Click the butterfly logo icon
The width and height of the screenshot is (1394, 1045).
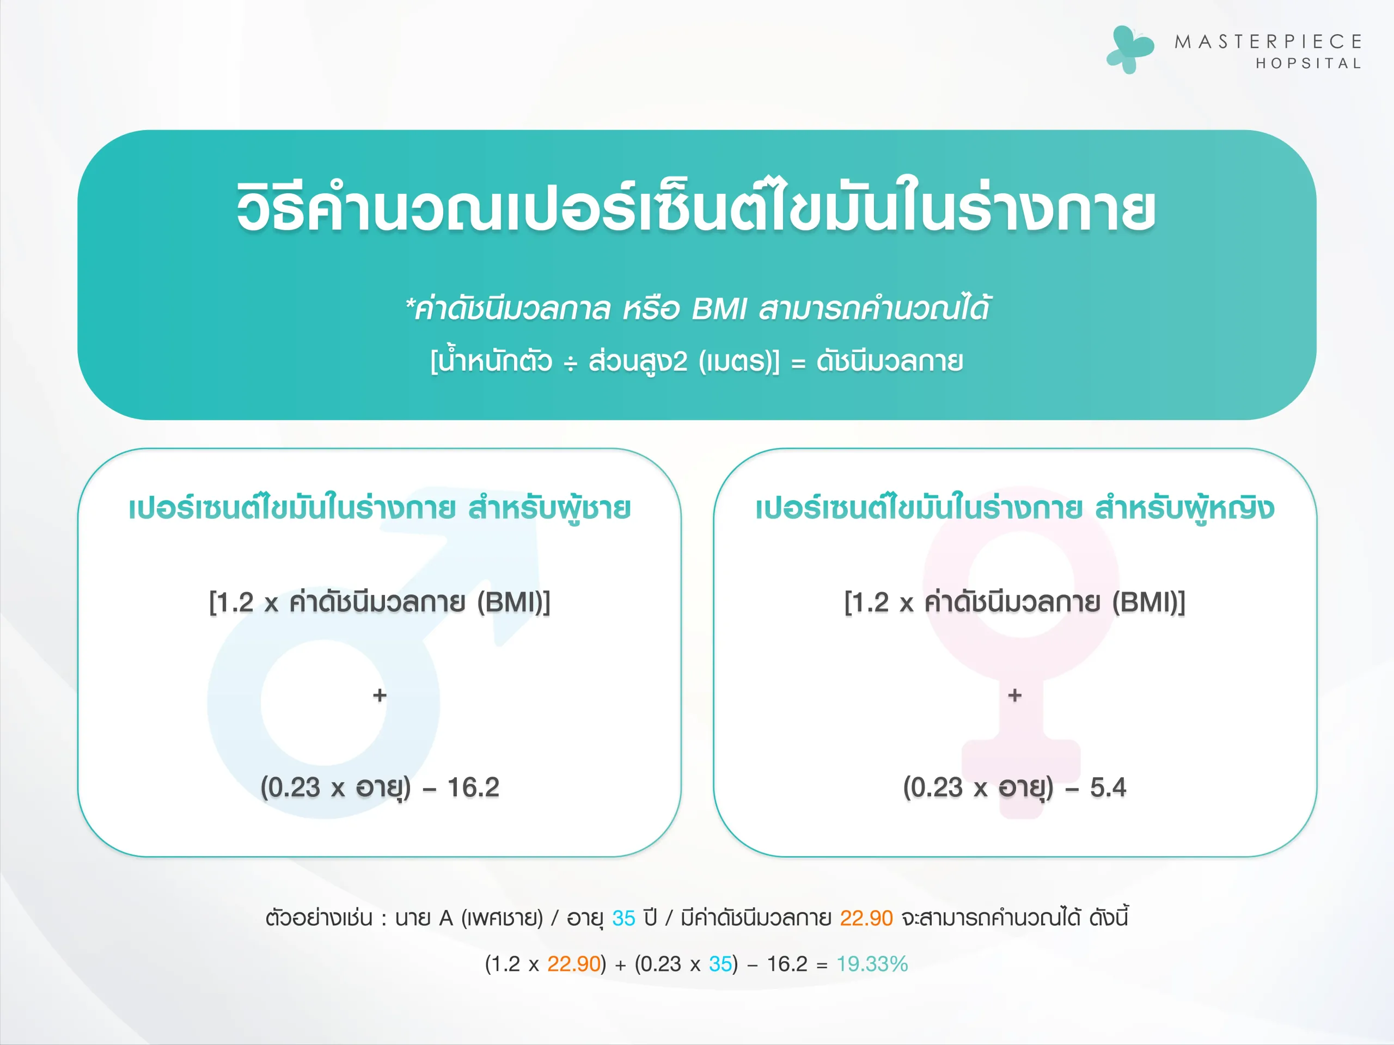pos(1130,49)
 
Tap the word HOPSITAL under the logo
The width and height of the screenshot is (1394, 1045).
pos(1309,64)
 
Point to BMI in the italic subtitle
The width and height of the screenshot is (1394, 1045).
pos(718,309)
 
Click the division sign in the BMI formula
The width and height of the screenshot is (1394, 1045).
pos(570,364)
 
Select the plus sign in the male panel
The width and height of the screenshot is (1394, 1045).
pos(380,696)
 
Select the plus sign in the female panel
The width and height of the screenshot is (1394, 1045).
pos(1014,696)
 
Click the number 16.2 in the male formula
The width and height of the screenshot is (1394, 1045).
pos(473,788)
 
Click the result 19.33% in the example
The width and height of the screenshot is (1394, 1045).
pos(872,964)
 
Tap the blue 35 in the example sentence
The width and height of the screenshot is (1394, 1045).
pos(623,918)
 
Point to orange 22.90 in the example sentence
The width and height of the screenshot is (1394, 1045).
pos(866,918)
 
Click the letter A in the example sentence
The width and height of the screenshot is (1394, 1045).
pos(446,918)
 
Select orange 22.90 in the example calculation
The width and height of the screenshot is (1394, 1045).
pos(573,964)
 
